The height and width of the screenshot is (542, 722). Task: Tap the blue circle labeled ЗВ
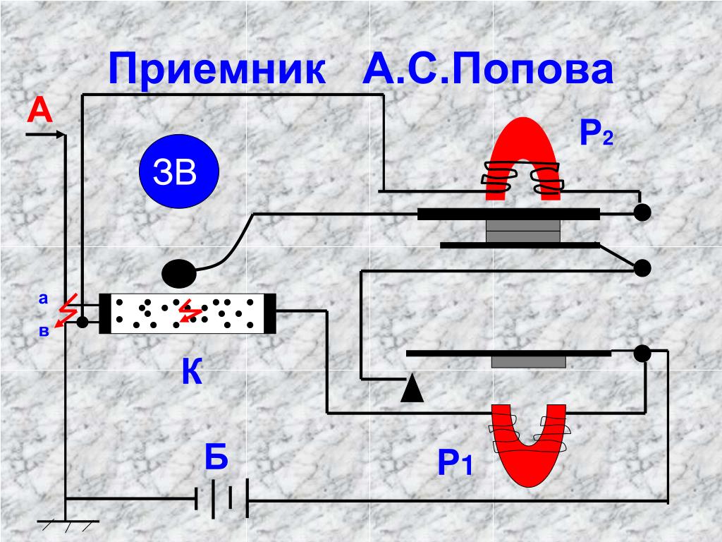pos(179,172)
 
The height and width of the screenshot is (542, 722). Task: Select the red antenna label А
pos(40,112)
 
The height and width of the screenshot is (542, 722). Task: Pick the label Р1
pos(454,464)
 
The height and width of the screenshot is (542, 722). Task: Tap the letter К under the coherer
pos(192,372)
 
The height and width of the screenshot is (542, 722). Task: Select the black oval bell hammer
pos(180,272)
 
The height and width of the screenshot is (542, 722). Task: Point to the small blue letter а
pos(43,299)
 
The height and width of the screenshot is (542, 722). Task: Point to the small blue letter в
pos(44,330)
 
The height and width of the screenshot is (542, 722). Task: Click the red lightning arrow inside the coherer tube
pos(188,311)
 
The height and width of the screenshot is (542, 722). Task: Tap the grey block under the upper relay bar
pos(524,231)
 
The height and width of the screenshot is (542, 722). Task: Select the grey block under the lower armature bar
pos(528,361)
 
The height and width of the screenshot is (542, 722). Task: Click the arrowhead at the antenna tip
pos(63,133)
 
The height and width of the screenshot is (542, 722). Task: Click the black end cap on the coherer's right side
pos(269,313)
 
